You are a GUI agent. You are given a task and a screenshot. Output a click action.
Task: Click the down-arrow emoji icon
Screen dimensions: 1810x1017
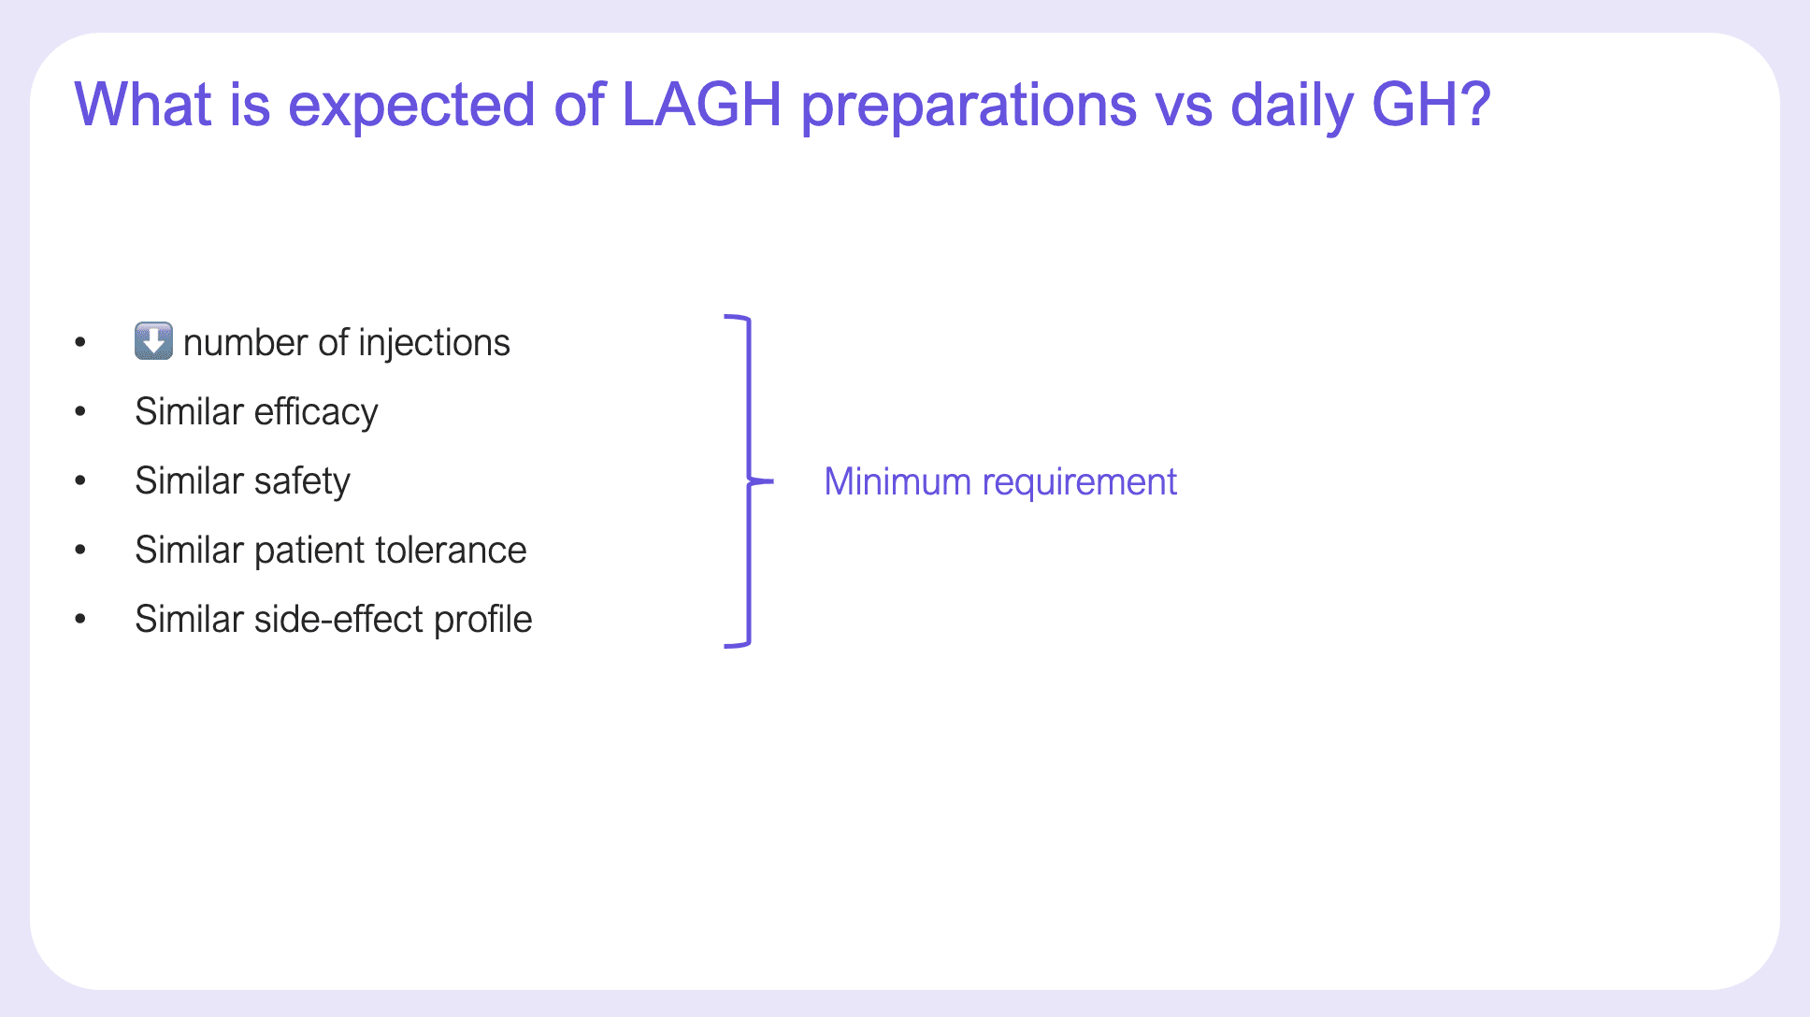coord(153,341)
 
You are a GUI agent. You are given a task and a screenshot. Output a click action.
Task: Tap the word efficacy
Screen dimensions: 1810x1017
coord(316,413)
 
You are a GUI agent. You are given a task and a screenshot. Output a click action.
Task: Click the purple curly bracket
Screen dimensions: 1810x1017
coord(749,482)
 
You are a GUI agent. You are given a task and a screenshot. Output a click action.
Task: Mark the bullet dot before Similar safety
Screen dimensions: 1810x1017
coord(80,481)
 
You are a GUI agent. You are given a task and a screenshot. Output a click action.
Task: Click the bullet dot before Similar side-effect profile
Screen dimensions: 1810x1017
coord(80,620)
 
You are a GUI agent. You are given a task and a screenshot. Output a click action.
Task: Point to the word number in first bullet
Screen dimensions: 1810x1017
coord(246,343)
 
